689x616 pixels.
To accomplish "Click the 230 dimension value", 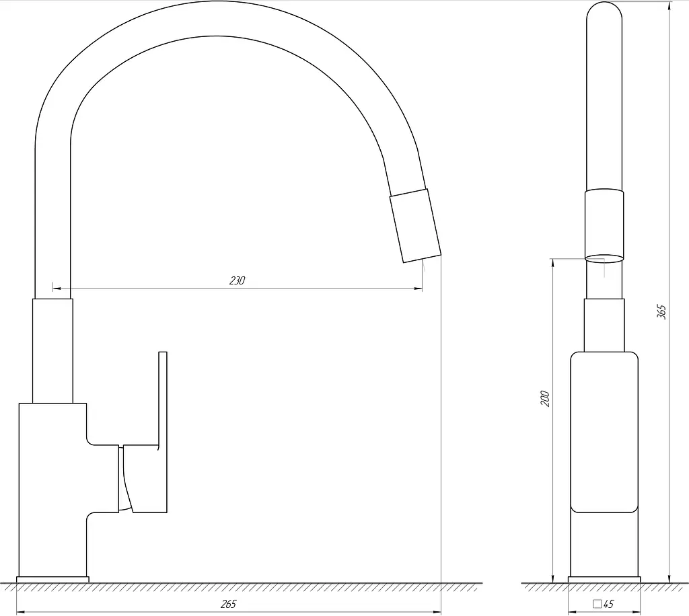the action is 237,280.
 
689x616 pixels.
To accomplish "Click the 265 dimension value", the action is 228,604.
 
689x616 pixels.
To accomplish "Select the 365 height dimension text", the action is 661,312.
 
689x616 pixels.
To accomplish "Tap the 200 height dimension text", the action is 545,398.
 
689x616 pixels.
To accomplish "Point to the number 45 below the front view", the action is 608,604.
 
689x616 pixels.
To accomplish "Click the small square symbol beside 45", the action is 597,604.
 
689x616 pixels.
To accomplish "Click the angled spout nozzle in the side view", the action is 415,226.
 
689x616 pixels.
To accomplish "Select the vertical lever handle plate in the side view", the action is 163,432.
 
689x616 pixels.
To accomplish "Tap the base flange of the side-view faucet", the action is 52,580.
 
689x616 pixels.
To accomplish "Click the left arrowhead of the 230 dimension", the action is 57,289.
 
